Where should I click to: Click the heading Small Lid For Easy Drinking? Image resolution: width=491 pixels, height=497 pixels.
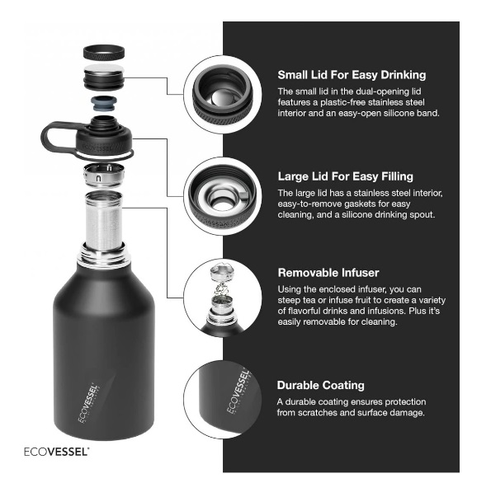point(352,75)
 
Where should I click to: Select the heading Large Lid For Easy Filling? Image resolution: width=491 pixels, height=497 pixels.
point(345,176)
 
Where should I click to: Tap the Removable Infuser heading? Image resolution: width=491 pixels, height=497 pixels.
point(328,273)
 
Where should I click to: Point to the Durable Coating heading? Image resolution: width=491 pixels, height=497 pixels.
point(320,386)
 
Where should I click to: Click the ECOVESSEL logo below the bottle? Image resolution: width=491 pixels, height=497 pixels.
point(56,452)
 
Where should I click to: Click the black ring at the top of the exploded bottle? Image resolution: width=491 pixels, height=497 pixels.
point(104,52)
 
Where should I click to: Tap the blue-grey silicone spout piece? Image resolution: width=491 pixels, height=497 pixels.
point(104,104)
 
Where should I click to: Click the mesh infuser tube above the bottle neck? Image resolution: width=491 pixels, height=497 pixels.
point(104,221)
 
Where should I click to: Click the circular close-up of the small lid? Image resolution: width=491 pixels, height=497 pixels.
point(223,94)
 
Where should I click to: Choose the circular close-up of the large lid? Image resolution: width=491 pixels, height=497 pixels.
point(223,196)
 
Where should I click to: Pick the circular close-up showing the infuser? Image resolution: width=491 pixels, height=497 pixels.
point(223,298)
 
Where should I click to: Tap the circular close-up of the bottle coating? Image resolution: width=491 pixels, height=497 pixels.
point(223,400)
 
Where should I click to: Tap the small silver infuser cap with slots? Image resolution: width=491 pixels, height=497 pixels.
point(104,175)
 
